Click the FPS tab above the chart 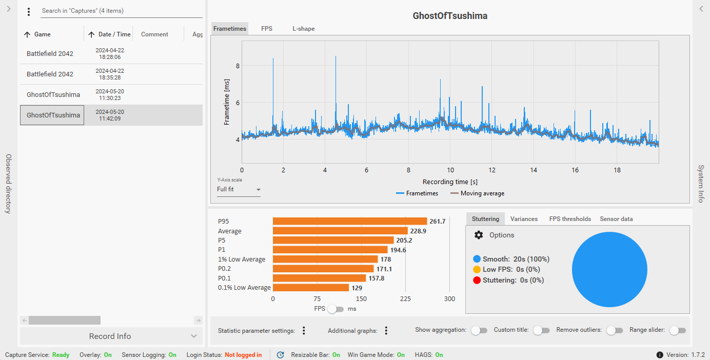click(x=266, y=29)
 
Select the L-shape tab click(x=304, y=29)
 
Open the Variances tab click(x=524, y=219)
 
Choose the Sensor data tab click(x=616, y=219)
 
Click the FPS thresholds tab click(x=570, y=219)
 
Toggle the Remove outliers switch click(x=614, y=331)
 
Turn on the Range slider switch click(x=677, y=331)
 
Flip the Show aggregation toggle click(x=479, y=331)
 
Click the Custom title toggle click(x=541, y=331)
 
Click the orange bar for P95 click(x=349, y=222)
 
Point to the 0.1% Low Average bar click(x=310, y=288)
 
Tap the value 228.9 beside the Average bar click(x=418, y=231)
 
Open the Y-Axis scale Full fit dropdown click(x=239, y=190)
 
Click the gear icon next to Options click(x=479, y=235)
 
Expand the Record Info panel click(x=110, y=336)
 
